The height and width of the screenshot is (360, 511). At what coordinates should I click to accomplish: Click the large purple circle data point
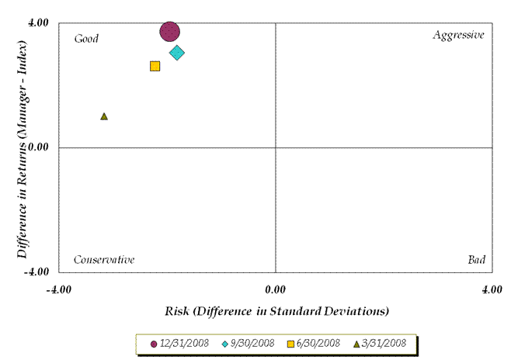(170, 31)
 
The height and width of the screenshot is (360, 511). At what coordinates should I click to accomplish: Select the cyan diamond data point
(177, 53)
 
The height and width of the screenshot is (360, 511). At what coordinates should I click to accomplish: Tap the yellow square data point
(155, 66)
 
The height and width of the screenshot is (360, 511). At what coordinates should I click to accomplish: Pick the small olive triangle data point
(104, 116)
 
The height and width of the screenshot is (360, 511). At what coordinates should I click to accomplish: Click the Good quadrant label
(86, 38)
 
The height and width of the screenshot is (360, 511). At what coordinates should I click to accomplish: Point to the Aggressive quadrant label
(458, 35)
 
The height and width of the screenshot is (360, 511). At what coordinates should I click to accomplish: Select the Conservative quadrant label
(104, 259)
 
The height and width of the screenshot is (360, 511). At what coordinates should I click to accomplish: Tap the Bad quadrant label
(476, 259)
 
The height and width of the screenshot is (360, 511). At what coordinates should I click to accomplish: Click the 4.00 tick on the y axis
(39, 22)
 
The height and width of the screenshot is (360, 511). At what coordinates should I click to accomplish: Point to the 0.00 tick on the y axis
(39, 147)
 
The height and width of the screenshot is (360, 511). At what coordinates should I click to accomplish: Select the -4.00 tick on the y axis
(37, 272)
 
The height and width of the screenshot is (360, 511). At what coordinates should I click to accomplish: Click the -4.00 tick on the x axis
(59, 289)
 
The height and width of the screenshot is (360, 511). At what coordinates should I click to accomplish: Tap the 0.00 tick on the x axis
(276, 289)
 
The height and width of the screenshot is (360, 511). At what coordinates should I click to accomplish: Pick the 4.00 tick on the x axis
(492, 289)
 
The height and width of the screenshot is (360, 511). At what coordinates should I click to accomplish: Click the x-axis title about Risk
(276, 311)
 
